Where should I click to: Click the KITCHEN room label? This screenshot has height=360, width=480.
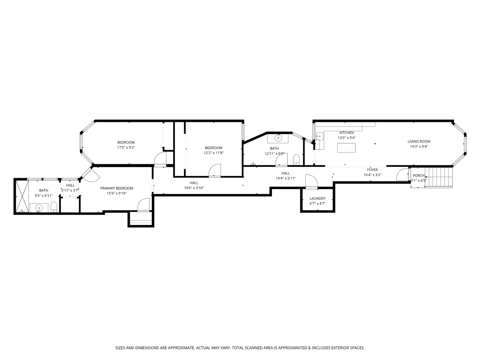pyautogui.click(x=346, y=133)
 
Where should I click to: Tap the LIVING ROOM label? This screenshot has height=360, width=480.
pyautogui.click(x=419, y=141)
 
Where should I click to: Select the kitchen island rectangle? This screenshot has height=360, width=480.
pyautogui.click(x=346, y=148)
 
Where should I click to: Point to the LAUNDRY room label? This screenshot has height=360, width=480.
pyautogui.click(x=318, y=198)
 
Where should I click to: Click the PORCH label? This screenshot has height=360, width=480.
pyautogui.click(x=418, y=175)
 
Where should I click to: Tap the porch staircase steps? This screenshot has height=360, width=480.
pyautogui.click(x=438, y=177)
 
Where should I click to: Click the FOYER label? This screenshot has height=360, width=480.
pyautogui.click(x=372, y=170)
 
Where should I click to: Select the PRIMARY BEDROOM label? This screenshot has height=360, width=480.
pyautogui.click(x=117, y=188)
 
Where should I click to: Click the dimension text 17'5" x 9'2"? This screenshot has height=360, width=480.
pyautogui.click(x=126, y=147)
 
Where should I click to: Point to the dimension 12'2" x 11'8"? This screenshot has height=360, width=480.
pyautogui.click(x=214, y=153)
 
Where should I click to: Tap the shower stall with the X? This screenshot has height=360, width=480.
pyautogui.click(x=22, y=196)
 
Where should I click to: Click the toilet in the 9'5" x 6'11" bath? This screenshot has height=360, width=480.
pyautogui.click(x=54, y=207)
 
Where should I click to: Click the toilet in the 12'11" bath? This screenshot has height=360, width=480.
pyautogui.click(x=296, y=160)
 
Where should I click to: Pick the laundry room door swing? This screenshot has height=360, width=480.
pyautogui.click(x=311, y=181)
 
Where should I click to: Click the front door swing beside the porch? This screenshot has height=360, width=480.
pyautogui.click(x=402, y=174)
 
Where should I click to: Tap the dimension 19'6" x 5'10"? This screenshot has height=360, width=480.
pyautogui.click(x=194, y=188)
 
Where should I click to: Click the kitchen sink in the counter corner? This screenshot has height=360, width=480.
pyautogui.click(x=319, y=136)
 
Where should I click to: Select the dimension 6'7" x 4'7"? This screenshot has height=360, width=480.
pyautogui.click(x=318, y=204)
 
